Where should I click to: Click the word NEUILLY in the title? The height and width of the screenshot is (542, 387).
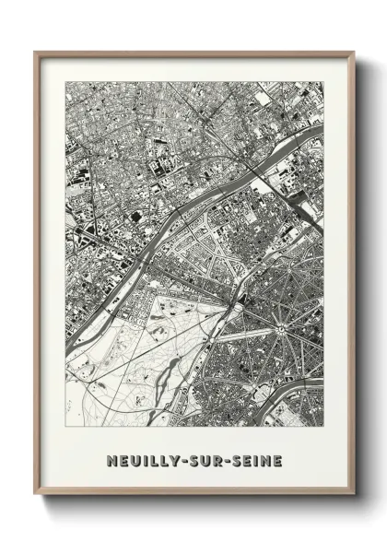click(138, 460)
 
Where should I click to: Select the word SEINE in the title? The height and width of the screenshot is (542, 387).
click(255, 460)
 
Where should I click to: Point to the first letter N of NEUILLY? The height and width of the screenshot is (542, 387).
click(111, 460)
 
